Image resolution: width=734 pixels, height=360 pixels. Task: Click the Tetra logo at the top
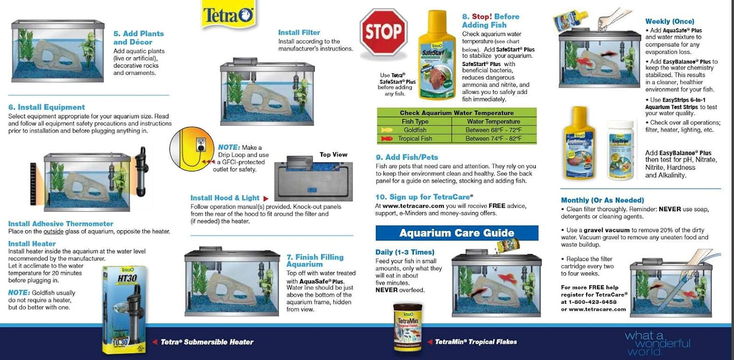229,15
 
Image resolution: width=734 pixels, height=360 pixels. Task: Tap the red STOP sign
384,31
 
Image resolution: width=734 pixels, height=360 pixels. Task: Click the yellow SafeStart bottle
437,56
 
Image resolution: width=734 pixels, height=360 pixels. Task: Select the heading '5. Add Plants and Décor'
139,38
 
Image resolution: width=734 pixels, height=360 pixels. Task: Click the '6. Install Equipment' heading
47,107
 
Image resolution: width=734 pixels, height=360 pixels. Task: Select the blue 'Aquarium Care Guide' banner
457,233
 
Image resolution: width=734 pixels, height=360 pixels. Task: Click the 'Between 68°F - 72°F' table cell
494,130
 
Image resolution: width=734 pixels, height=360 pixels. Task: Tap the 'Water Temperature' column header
494,121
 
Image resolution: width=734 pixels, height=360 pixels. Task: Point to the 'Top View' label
333,154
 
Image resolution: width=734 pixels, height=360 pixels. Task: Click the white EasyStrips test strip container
620,150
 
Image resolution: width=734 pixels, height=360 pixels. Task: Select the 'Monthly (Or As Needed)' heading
602,200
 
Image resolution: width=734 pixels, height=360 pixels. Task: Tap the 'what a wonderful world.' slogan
657,343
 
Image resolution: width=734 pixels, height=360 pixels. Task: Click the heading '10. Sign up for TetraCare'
424,197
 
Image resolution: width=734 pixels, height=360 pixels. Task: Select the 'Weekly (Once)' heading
669,21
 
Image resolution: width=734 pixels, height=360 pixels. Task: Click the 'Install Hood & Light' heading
225,198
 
